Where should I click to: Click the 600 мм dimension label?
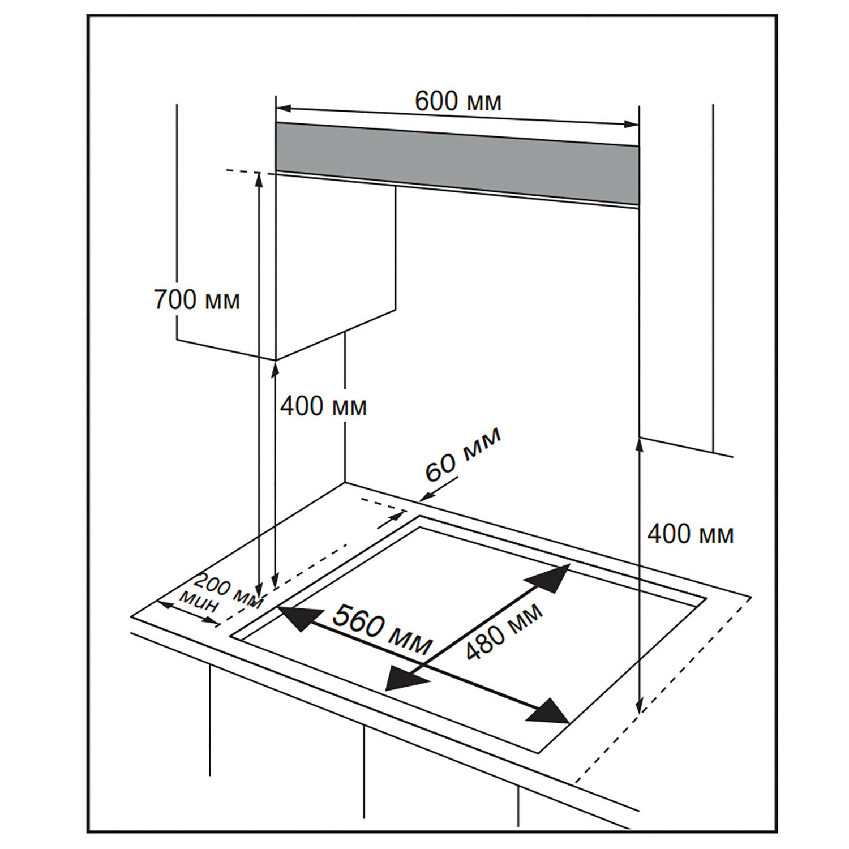point(458,102)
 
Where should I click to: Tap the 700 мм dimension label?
point(197,300)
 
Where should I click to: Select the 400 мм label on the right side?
point(690,534)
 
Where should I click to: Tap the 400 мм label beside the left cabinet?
point(323,406)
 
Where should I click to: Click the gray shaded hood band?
point(457,162)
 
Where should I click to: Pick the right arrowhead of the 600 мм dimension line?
point(632,124)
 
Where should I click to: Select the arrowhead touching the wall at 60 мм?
point(426,498)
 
